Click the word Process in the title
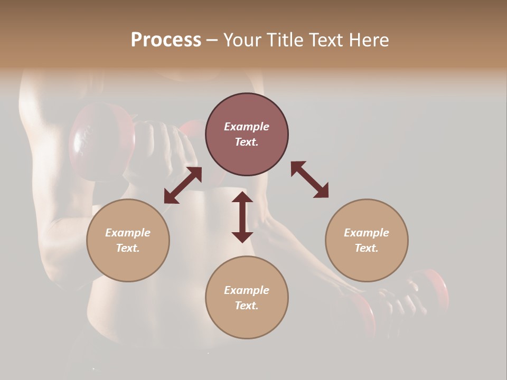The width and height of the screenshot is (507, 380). tap(166, 40)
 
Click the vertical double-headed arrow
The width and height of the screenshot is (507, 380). tap(242, 217)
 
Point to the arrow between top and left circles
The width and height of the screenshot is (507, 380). tap(183, 185)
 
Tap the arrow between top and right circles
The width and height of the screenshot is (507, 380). tap(309, 179)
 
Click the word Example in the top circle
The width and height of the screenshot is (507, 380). tap(247, 127)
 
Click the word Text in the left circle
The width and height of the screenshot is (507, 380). tap(128, 248)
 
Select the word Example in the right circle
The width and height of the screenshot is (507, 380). tap(367, 233)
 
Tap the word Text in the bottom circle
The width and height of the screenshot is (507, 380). tap(247, 306)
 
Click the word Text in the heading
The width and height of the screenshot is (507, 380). tap(326, 40)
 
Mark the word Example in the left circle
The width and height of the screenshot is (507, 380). tap(128, 233)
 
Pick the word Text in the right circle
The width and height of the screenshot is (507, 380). tap(367, 248)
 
